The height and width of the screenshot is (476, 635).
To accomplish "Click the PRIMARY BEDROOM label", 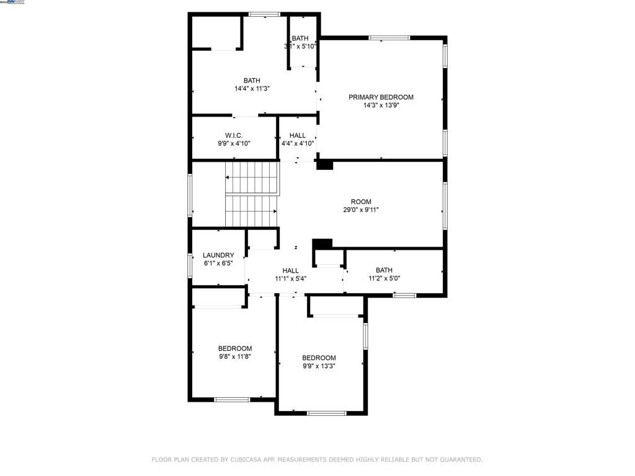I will tap(381, 97).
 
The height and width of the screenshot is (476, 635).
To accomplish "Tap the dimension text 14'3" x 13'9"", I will tap(381, 105).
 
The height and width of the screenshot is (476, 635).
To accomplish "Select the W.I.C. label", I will tap(234, 136).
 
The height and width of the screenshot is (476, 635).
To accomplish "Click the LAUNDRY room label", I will tap(218, 255).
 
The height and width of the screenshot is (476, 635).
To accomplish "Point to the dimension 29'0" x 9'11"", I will tap(361, 210).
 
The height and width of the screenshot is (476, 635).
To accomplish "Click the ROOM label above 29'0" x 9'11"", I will tap(361, 202).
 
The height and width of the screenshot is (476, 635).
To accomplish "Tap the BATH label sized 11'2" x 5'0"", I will tap(384, 270).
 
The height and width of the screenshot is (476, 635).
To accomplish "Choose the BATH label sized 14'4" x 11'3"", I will tap(252, 81).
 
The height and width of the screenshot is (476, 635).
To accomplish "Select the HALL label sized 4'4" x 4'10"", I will tap(298, 136).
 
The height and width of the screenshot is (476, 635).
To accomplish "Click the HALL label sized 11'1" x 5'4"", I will tap(291, 271).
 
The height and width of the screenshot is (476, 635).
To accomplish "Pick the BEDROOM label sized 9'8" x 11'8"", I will tap(235, 349).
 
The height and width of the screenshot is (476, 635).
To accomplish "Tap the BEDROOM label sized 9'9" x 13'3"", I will tap(319, 358).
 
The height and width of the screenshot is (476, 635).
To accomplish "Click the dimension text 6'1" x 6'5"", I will tap(218, 263).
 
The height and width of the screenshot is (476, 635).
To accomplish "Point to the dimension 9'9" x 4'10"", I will tap(234, 144).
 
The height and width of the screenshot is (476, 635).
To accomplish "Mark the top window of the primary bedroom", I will tap(389, 38).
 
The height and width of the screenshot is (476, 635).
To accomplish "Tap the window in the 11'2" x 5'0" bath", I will tap(404, 295).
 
